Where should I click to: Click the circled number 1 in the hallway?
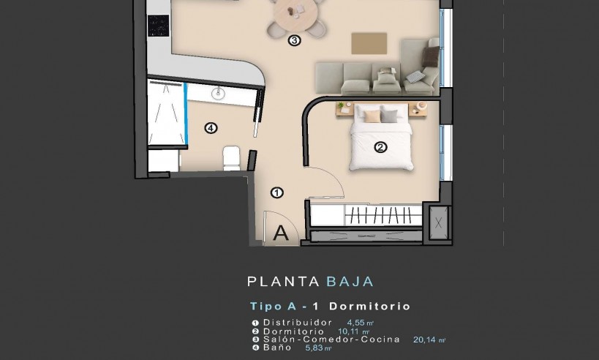[277, 193]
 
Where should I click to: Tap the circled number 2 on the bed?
[380, 147]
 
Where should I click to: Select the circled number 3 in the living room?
[294, 41]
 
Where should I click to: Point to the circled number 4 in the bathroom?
[211, 129]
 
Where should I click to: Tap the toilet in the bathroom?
[231, 157]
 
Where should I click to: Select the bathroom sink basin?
[218, 93]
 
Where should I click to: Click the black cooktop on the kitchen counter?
[158, 26]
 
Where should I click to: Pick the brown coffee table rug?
[369, 42]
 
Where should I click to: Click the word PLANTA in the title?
[283, 281]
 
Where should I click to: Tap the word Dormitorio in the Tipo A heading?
[378, 306]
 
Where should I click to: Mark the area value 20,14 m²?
[429, 340]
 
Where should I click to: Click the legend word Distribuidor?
[298, 323]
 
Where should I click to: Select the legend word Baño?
[277, 348]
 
